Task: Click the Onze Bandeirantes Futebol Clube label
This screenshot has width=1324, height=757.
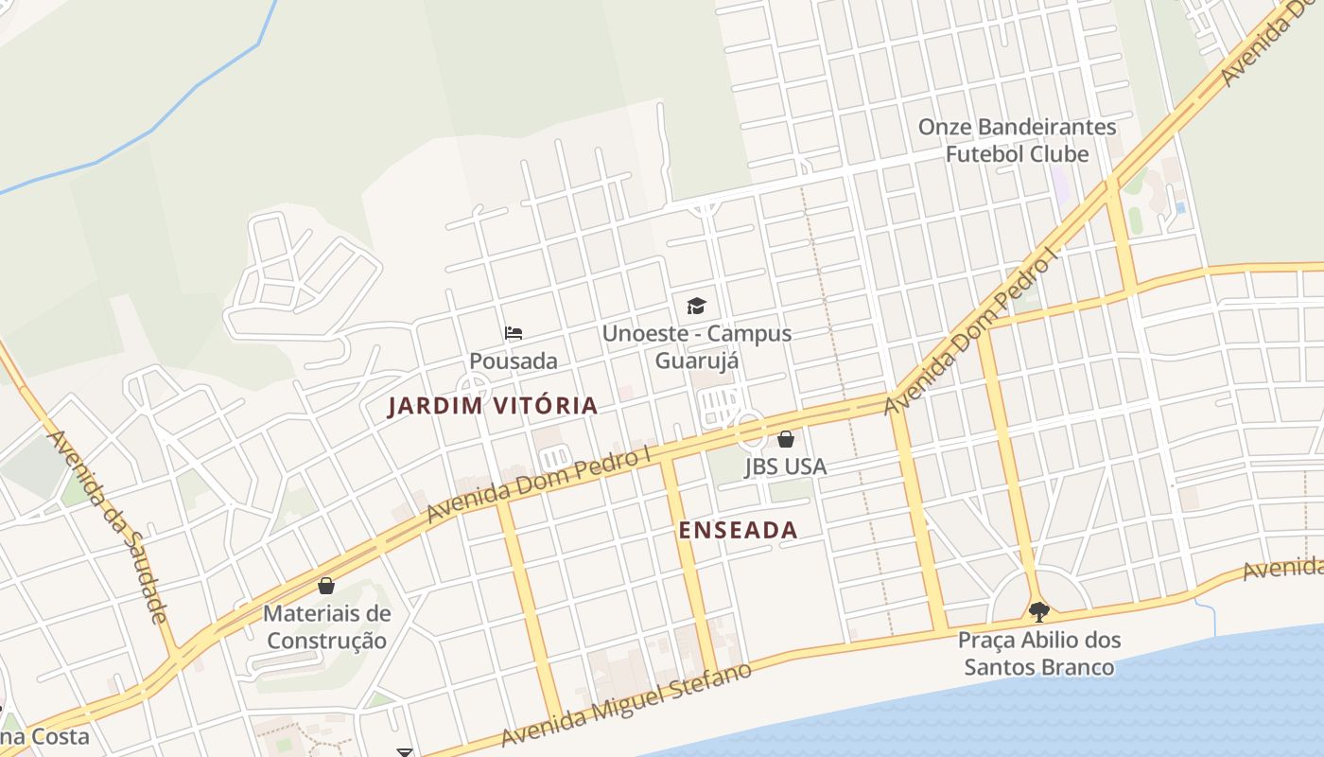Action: [1018, 140]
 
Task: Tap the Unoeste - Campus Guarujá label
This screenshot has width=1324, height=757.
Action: [697, 347]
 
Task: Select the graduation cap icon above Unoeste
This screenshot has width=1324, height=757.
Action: [697, 306]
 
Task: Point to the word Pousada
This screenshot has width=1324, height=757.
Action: [514, 361]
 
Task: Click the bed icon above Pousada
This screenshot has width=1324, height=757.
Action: [514, 332]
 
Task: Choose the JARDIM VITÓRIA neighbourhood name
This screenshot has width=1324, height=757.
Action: [493, 406]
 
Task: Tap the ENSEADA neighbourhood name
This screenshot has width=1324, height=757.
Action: [738, 531]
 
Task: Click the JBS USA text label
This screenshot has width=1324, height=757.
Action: [785, 467]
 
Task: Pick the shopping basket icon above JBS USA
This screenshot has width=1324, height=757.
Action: [785, 439]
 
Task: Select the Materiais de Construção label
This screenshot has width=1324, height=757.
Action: [326, 627]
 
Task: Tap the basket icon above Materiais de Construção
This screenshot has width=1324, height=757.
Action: [326, 586]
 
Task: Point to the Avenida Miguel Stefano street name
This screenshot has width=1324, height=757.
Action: [626, 705]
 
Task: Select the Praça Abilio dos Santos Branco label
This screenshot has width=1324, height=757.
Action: [1038, 654]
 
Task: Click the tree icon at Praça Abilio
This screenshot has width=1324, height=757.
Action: [1038, 611]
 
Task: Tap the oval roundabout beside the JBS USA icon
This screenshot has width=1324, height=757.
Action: [751, 431]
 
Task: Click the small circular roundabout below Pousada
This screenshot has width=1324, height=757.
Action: [473, 388]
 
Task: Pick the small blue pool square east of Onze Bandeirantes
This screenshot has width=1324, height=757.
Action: [1179, 207]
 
